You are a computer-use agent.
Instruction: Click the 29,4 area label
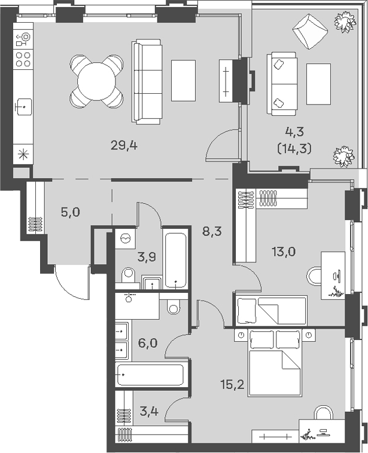(x=124, y=146)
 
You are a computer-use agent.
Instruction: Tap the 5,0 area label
(x=70, y=213)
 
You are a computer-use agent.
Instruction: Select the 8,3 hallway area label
(x=212, y=231)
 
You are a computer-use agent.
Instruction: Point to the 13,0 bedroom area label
(x=284, y=252)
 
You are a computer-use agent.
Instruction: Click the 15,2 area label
(x=233, y=384)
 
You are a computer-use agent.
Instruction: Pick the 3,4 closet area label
(x=149, y=411)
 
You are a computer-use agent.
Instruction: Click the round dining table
(x=96, y=81)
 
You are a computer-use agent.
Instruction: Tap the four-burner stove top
(x=23, y=59)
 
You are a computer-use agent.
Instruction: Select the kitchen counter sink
(x=25, y=107)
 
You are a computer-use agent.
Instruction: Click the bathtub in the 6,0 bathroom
(x=150, y=375)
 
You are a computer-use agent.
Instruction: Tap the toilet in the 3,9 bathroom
(x=128, y=275)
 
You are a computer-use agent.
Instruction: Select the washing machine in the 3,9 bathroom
(x=125, y=238)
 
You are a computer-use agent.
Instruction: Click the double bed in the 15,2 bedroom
(x=275, y=362)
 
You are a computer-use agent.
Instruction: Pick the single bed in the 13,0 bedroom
(x=272, y=310)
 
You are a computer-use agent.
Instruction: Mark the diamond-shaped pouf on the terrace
(x=310, y=30)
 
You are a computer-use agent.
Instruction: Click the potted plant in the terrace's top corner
(x=345, y=21)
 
